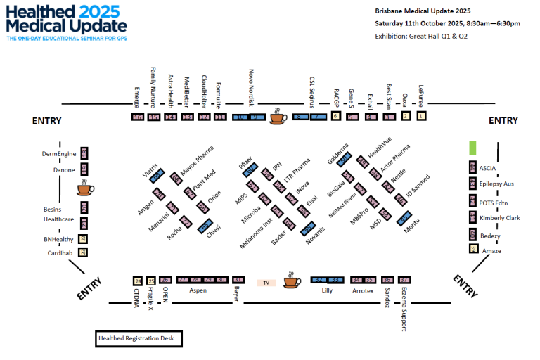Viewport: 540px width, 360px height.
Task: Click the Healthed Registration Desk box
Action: (x=139, y=339)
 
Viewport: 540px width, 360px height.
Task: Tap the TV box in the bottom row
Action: (x=266, y=283)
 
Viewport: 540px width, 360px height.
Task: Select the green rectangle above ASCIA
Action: (x=473, y=148)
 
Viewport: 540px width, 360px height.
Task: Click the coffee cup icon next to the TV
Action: (x=290, y=282)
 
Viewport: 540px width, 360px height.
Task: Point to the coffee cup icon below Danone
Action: (x=85, y=188)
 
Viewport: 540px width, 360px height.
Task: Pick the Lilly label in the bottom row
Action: (x=326, y=290)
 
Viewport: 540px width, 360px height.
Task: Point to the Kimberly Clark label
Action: (x=500, y=218)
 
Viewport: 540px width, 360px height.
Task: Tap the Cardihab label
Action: (x=60, y=252)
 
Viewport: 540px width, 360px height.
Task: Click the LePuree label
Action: (x=421, y=92)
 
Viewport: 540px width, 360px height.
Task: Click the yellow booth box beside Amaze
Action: (x=473, y=247)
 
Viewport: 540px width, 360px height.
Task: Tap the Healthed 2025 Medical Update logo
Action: (x=63, y=22)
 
